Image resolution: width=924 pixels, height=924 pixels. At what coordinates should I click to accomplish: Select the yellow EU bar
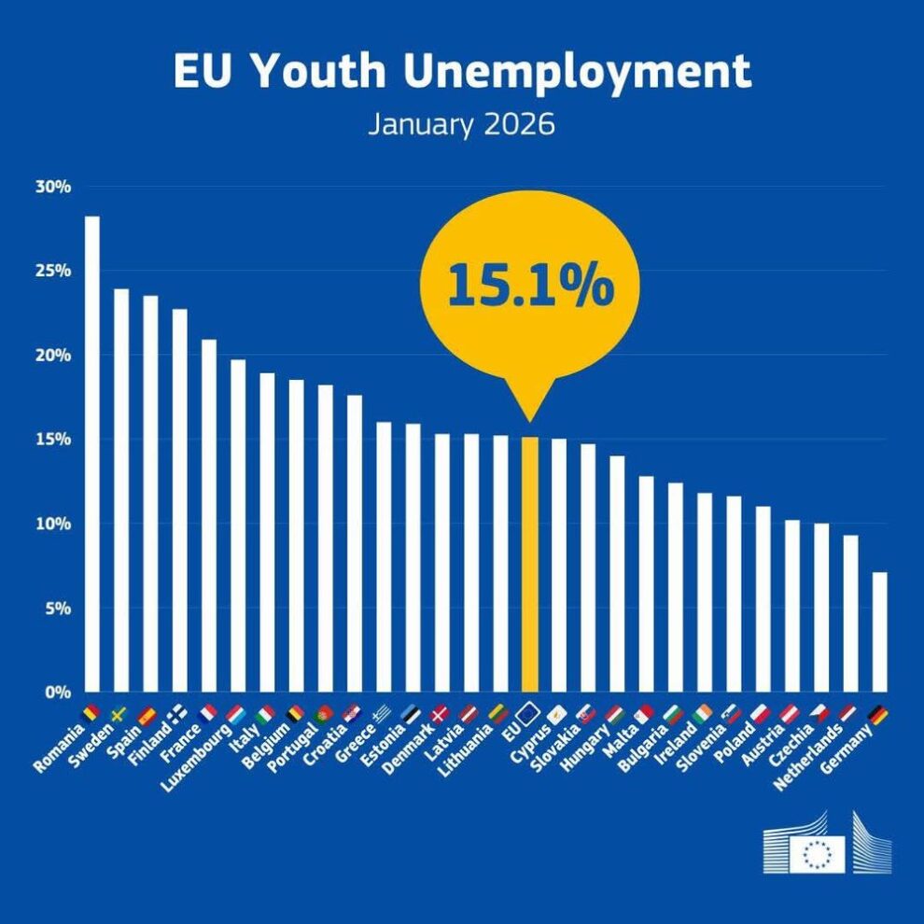529,564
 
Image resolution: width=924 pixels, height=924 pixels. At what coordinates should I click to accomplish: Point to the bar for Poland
763,598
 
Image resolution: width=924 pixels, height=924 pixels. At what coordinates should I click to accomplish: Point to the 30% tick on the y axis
53,187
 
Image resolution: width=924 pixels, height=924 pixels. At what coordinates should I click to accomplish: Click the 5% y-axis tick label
57,609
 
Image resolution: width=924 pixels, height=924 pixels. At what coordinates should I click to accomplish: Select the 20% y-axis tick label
53,356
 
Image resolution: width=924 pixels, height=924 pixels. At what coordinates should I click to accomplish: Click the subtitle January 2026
461,124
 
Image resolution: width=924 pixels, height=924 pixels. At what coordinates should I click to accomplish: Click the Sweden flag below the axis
119,715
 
